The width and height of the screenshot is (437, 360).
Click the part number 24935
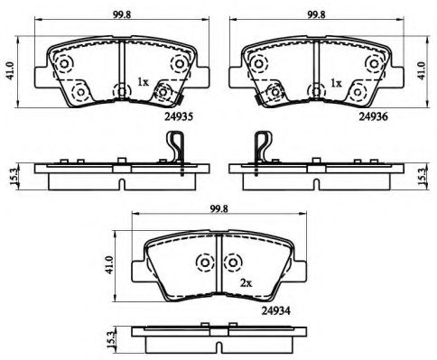[x=178, y=116]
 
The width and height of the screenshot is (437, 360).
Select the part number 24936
[x=373, y=116]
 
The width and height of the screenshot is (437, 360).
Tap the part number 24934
[x=275, y=310]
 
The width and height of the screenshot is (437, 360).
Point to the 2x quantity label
[x=246, y=282]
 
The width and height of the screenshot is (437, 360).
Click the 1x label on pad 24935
[x=143, y=82]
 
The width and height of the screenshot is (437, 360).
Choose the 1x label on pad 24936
[x=336, y=83]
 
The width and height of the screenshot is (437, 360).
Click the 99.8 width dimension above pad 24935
[x=122, y=15]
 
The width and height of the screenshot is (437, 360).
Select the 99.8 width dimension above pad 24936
[x=316, y=15]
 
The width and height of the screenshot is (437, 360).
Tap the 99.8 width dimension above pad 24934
[x=218, y=208]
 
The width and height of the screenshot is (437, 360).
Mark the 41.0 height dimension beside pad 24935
[x=11, y=71]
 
